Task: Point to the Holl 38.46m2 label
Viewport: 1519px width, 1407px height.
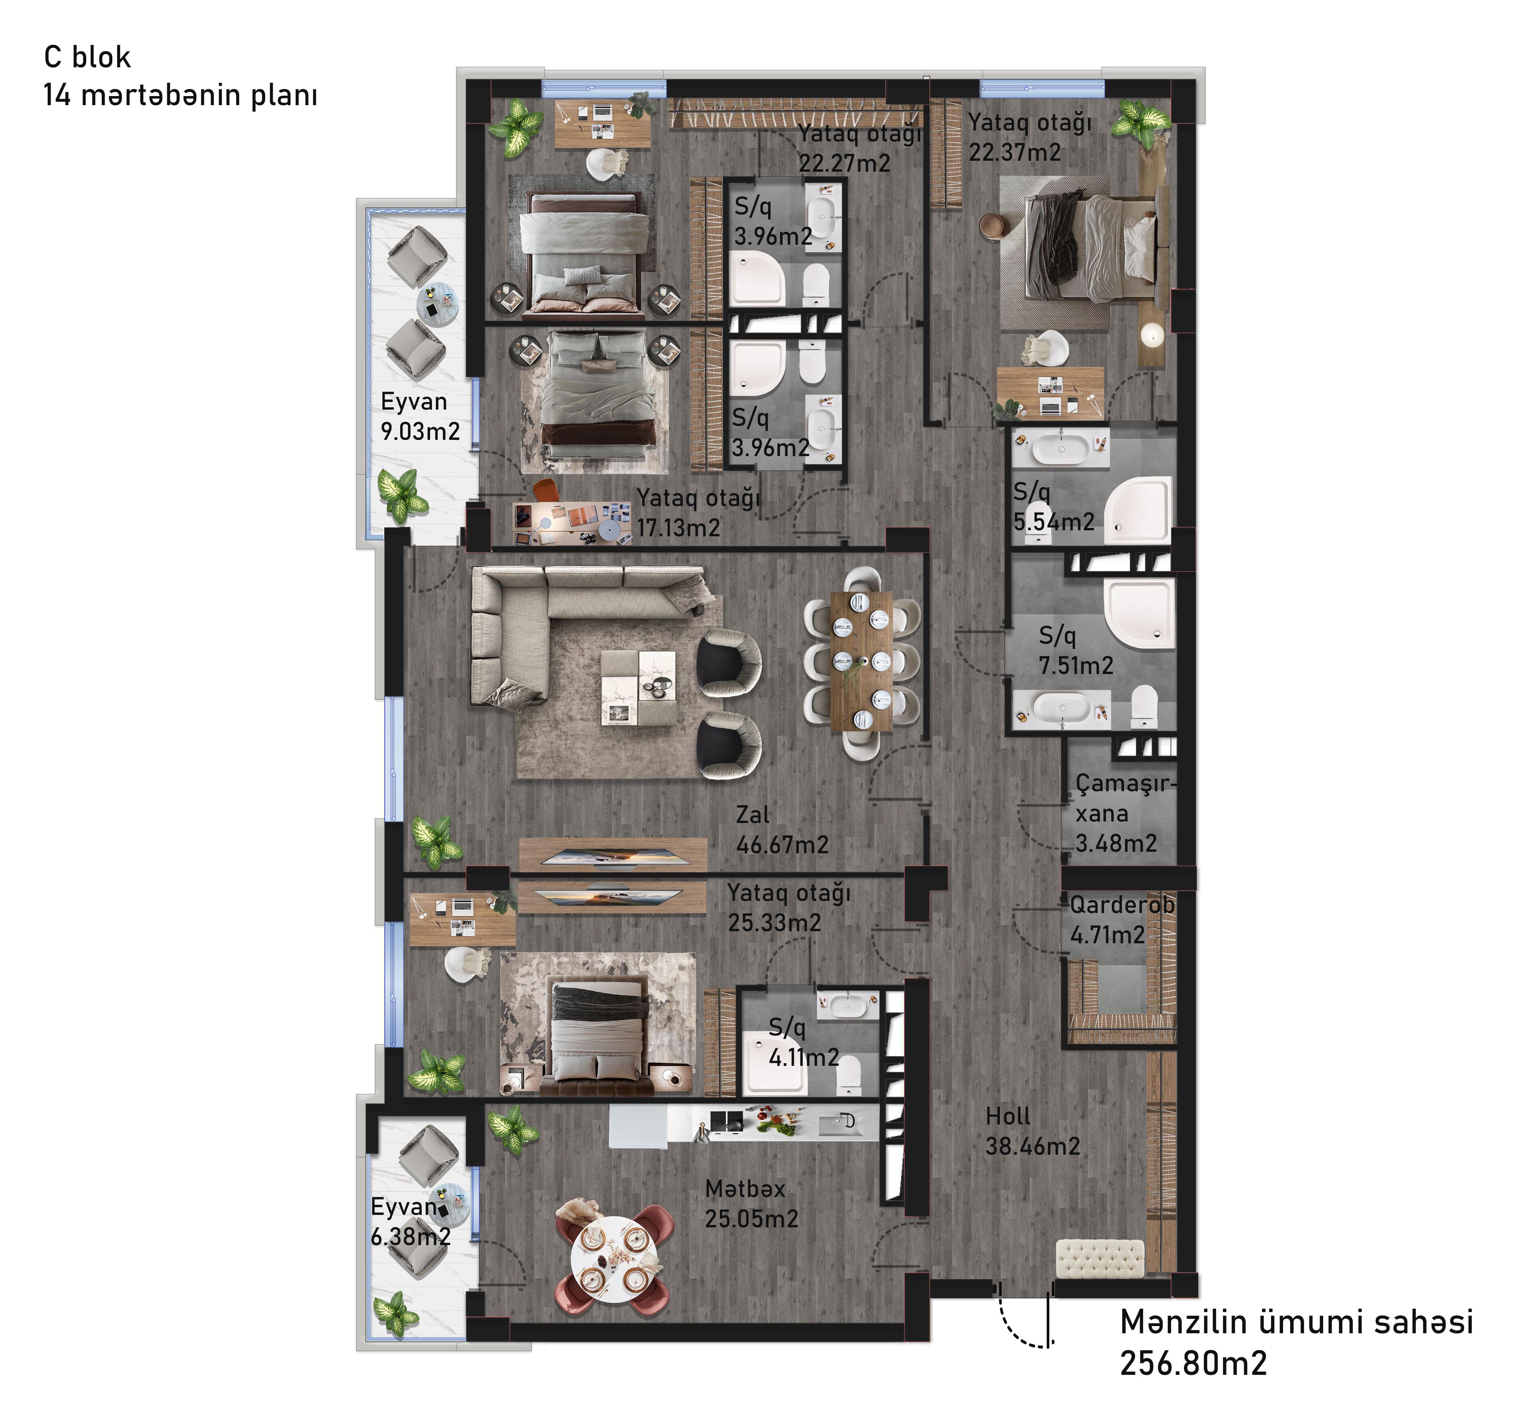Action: click(1032, 1131)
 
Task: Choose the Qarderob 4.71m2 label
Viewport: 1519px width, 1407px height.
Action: click(1121, 920)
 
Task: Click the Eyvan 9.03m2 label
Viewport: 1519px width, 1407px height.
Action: click(419, 416)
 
